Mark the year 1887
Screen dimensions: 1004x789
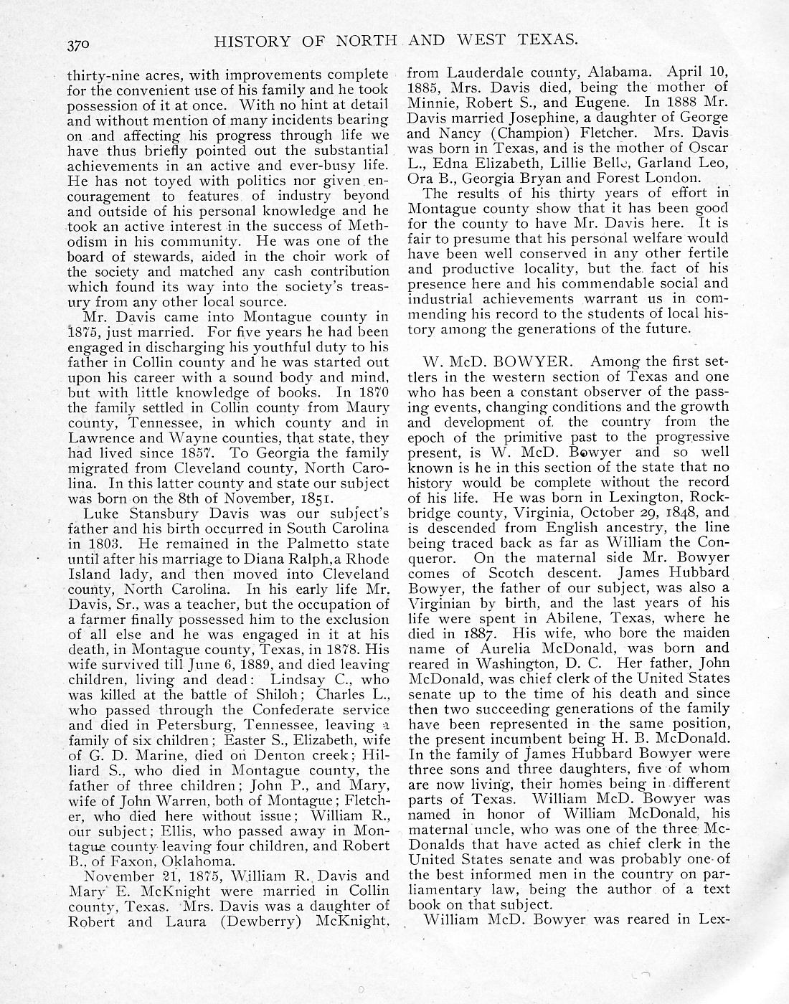483,633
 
